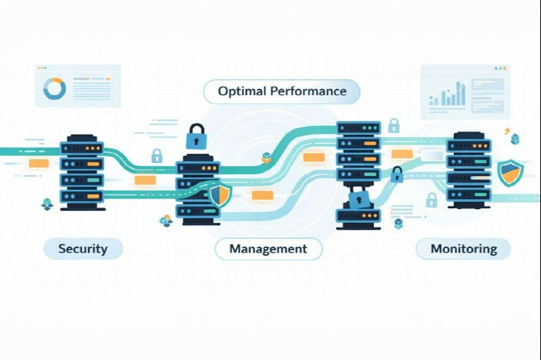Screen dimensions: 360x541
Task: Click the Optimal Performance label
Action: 282,90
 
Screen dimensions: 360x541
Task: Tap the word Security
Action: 82,248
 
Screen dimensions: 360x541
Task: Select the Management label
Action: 268,249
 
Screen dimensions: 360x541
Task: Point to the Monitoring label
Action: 463,249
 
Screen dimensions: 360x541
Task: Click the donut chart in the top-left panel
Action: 55,88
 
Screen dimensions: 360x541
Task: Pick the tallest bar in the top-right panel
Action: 463,93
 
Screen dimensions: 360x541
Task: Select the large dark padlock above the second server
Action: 196,136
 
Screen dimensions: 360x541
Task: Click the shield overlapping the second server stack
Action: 219,194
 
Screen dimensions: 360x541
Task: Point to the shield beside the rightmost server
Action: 509,173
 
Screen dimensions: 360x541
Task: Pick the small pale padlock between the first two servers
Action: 157,155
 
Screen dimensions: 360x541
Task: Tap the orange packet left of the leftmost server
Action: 39,163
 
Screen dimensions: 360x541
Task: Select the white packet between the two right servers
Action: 430,155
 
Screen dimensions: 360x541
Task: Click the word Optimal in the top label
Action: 241,90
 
